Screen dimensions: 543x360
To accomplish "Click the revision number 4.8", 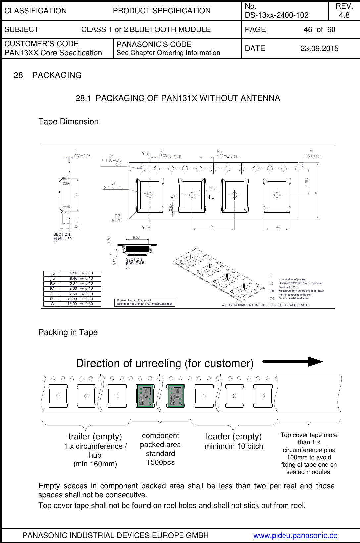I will pyautogui.click(x=344, y=15).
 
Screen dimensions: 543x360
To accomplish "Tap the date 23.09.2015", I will pyautogui.click(x=319, y=49).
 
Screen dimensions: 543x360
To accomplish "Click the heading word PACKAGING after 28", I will pyautogui.click(x=57, y=75).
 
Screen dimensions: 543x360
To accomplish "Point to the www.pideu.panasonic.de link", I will pyautogui.click(x=295, y=535).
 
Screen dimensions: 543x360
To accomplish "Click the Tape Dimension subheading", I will pyautogui.click(x=69, y=122).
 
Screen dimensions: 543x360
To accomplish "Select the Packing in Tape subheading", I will pyautogui.click(x=68, y=332).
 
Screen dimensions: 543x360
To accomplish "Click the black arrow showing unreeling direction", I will pyautogui.click(x=292, y=362).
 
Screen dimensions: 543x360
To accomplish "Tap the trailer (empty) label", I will pyautogui.click(x=95, y=436).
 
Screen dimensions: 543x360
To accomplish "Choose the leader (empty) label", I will pyautogui.click(x=233, y=436).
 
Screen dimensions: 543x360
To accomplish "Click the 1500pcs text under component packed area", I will pyautogui.click(x=160, y=462).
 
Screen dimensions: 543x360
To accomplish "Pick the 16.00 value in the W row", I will pyautogui.click(x=72, y=304).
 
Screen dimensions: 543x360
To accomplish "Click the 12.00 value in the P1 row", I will pyautogui.click(x=72, y=299).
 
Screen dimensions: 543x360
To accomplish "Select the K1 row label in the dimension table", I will pyautogui.click(x=52, y=289).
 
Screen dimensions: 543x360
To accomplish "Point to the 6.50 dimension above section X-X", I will pyautogui.click(x=136, y=237).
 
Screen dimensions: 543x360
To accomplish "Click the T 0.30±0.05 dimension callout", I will pyautogui.click(x=82, y=154).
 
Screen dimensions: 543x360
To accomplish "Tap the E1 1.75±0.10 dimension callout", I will pyautogui.click(x=311, y=154).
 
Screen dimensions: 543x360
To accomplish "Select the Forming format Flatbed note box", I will pyautogui.click(x=144, y=302).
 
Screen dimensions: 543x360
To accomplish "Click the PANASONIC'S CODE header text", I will pyautogui.click(x=154, y=44).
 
